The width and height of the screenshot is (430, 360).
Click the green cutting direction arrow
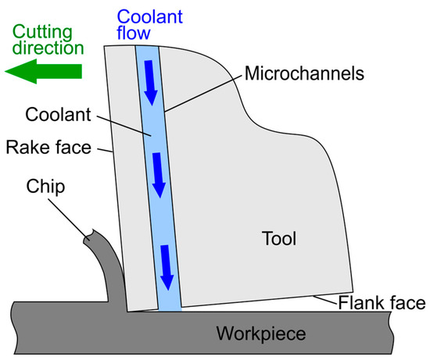[43, 71]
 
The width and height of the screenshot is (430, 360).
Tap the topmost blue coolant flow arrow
[151, 83]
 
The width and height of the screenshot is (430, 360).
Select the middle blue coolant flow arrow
[159, 175]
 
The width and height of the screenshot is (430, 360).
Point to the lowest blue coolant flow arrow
[167, 268]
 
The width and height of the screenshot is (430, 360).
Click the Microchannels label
[304, 73]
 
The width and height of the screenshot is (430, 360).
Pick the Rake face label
[48, 147]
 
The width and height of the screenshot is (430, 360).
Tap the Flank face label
[382, 303]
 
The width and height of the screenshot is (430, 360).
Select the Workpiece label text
[261, 333]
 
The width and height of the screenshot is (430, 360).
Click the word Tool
[279, 238]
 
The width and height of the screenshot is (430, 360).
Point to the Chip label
[45, 187]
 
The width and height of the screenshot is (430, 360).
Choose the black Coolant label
[58, 114]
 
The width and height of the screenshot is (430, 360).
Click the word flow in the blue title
[134, 33]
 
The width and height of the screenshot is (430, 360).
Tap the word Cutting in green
[42, 32]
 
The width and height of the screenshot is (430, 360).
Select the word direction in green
[48, 48]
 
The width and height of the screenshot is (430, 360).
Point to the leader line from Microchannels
[203, 93]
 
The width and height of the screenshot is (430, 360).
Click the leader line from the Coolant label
[124, 126]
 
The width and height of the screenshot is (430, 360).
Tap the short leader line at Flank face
[325, 300]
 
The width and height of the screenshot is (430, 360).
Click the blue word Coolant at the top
[150, 16]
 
